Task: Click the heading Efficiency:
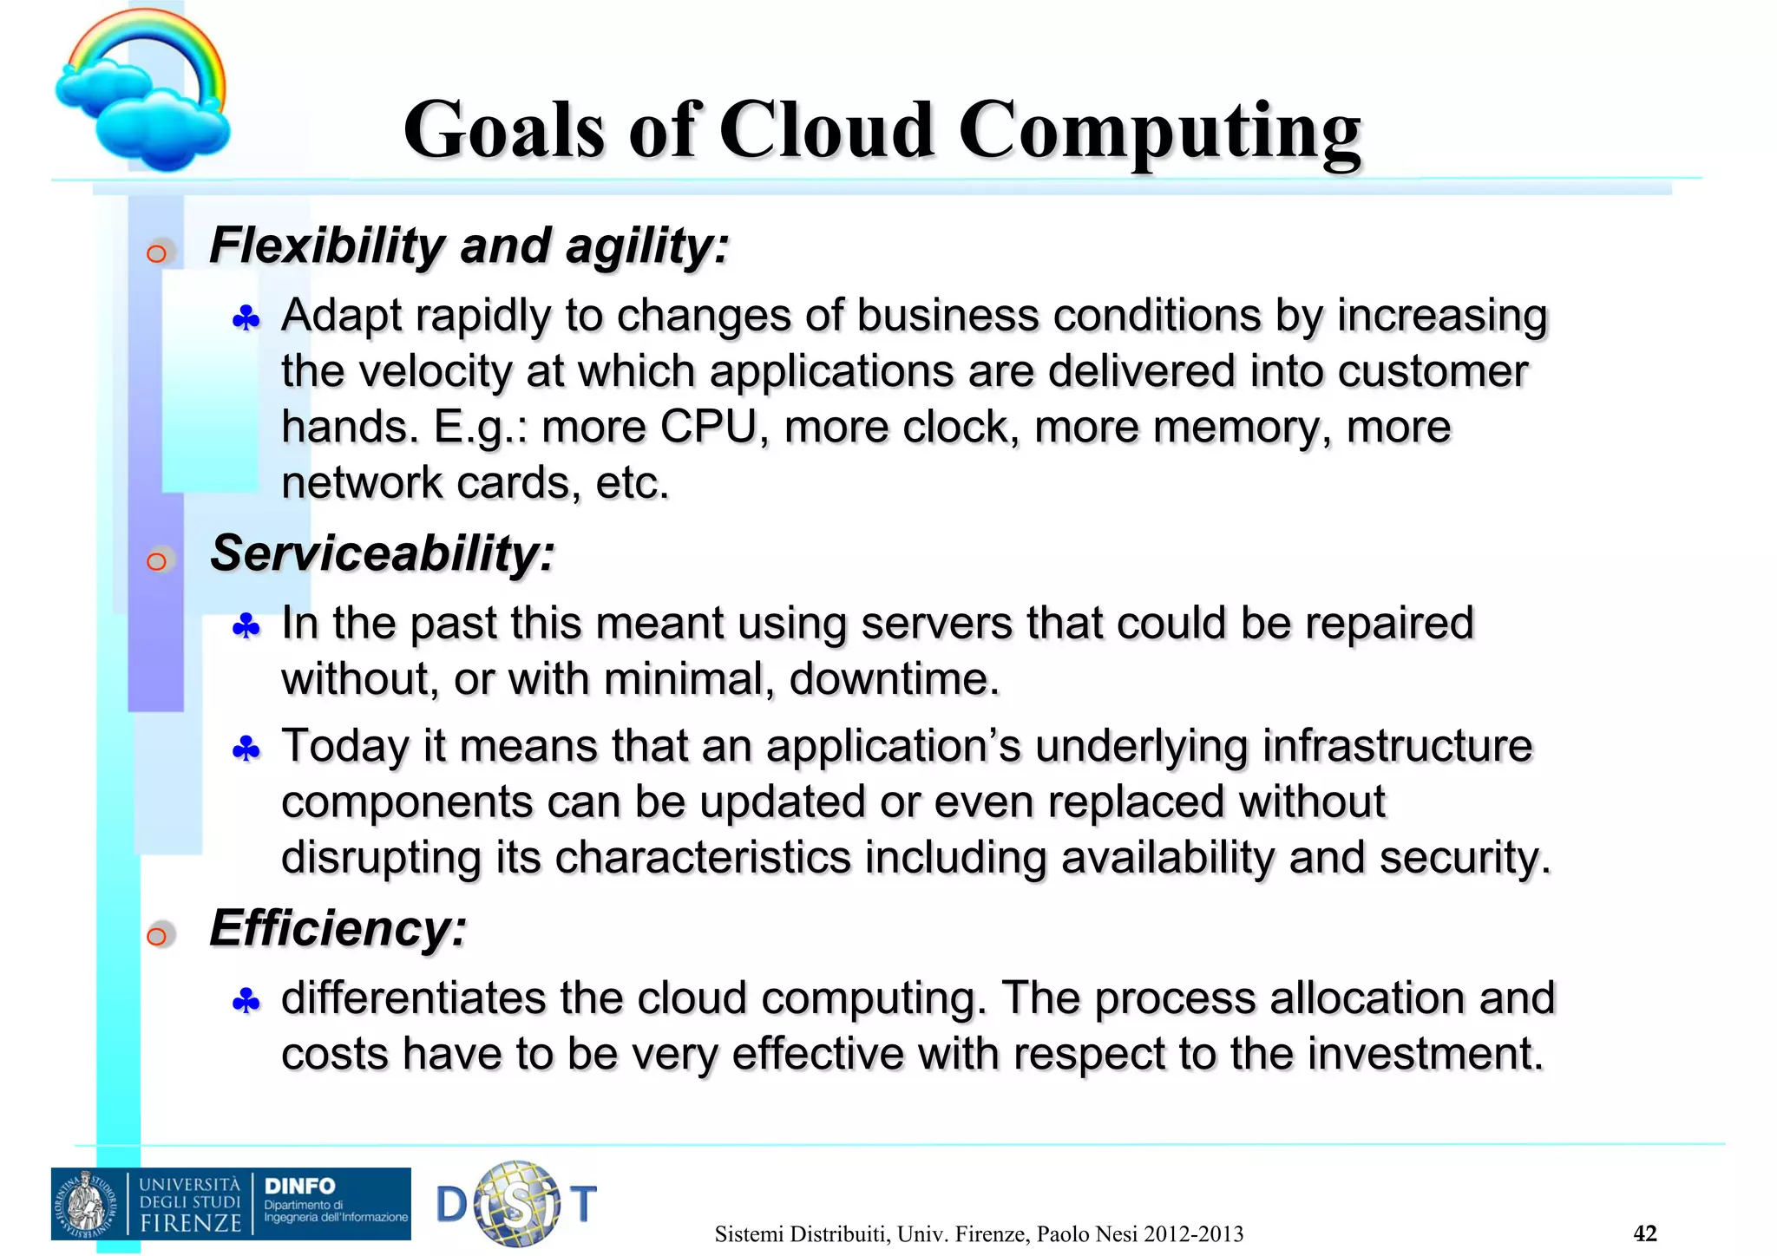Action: [x=338, y=928]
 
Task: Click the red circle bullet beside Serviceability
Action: [x=157, y=561]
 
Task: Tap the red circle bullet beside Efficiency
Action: [x=157, y=936]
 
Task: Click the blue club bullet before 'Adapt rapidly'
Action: [x=246, y=319]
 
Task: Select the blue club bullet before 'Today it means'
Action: [x=246, y=749]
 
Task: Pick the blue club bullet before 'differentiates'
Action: [x=246, y=1002]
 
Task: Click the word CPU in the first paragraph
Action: [x=709, y=427]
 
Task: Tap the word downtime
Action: [x=894, y=678]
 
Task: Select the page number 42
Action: [x=1644, y=1233]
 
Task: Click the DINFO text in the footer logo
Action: [x=299, y=1186]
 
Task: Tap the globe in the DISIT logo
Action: [x=516, y=1204]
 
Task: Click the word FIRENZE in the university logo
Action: [x=191, y=1223]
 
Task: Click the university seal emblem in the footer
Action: [x=87, y=1204]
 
